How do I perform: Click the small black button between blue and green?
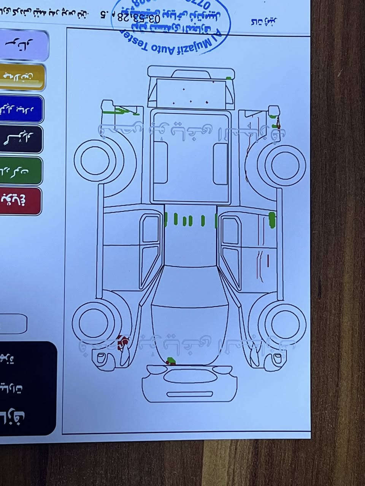click(x=21, y=139)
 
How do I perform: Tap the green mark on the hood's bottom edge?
click(x=171, y=360)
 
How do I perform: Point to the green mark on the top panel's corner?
click(x=229, y=78)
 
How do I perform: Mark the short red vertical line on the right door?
click(x=268, y=260)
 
